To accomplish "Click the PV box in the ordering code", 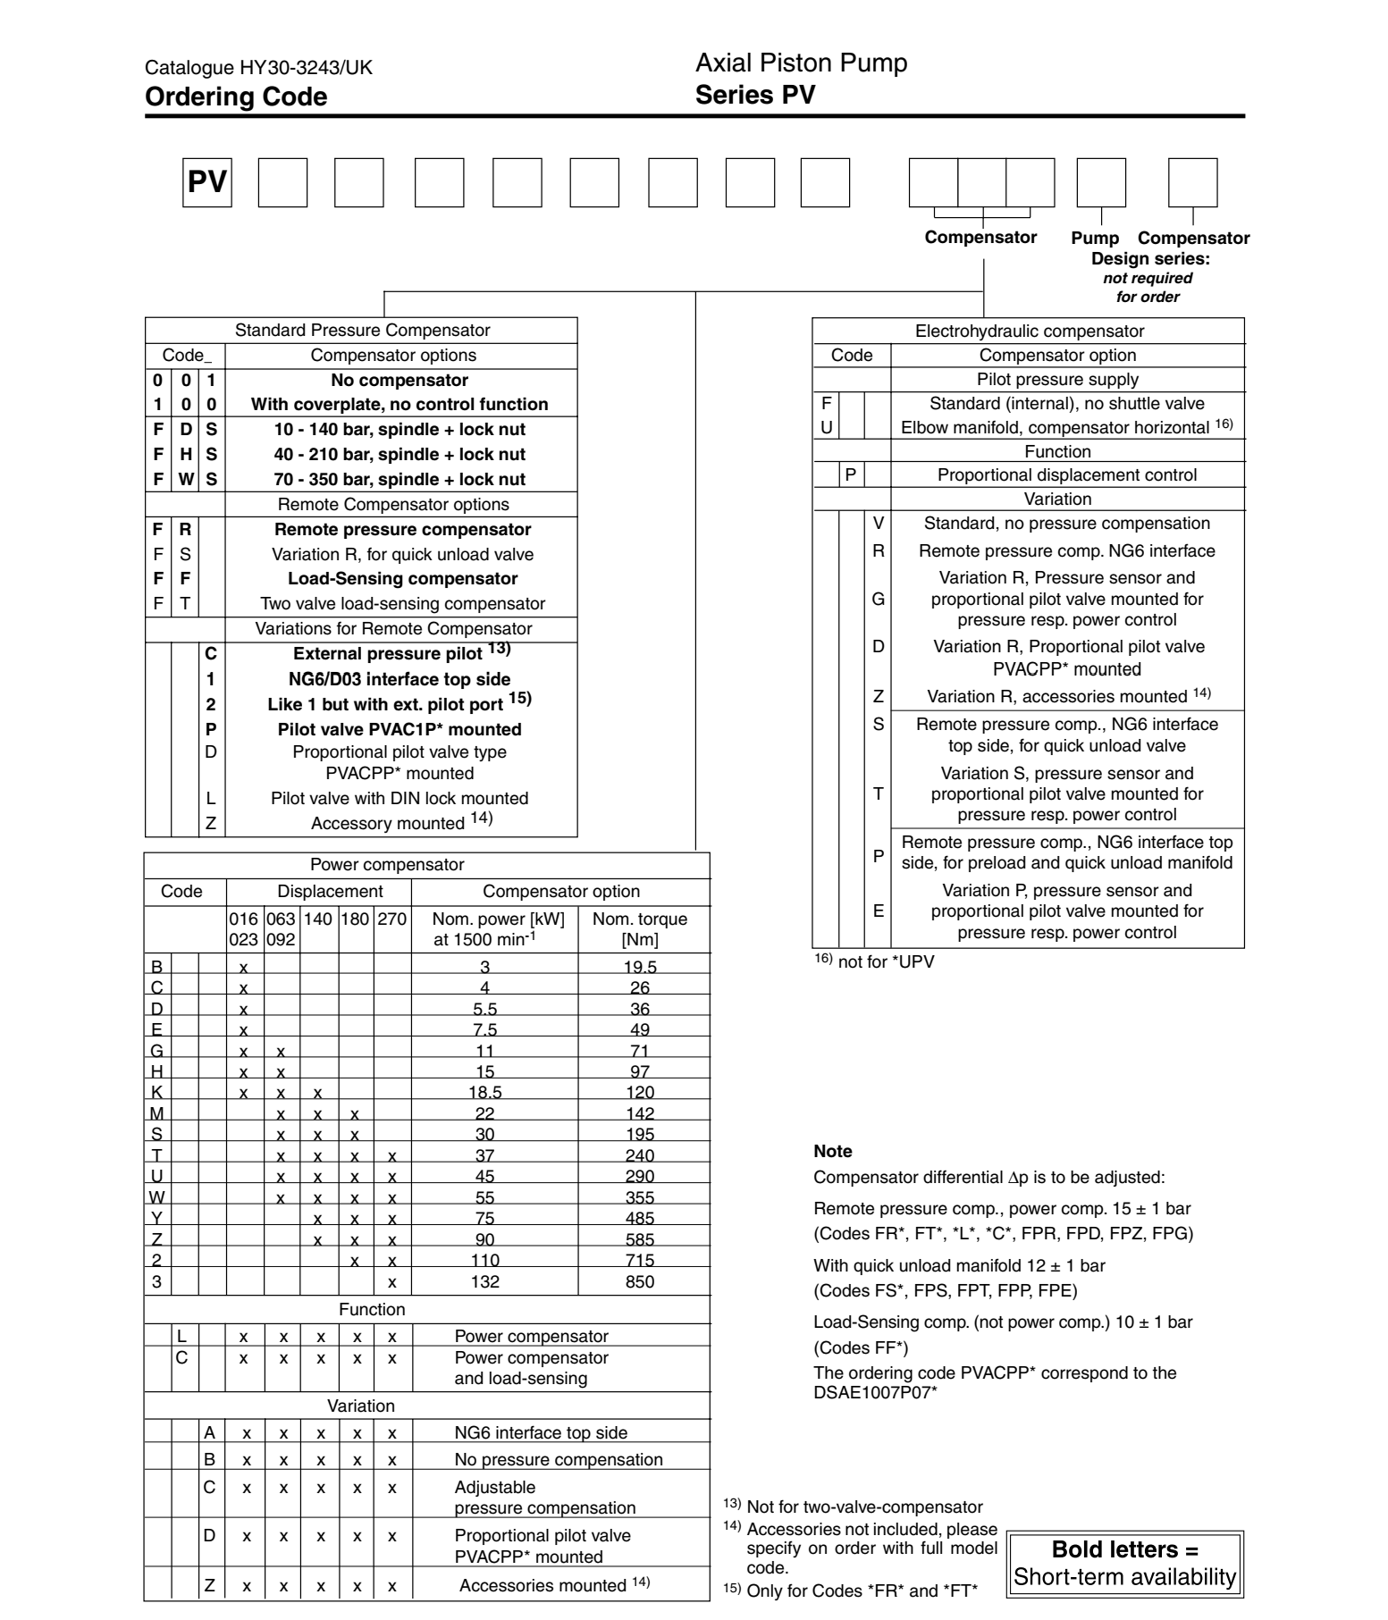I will [x=207, y=182].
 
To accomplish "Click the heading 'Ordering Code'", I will [x=236, y=97].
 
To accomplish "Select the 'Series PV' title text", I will [x=755, y=95].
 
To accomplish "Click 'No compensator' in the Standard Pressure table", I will [x=400, y=380].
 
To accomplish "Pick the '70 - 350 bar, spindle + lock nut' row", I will [x=400, y=479].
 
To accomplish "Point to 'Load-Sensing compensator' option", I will [x=402, y=578].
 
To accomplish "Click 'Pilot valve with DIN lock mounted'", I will [x=400, y=798].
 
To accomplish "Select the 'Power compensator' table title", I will [x=387, y=864].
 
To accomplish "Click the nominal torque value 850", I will [x=640, y=1281].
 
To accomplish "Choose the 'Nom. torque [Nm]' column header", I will [x=640, y=928].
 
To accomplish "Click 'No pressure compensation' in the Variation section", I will [x=559, y=1459].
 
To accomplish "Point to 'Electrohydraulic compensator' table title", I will [x=1030, y=331].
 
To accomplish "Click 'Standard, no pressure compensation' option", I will [x=1067, y=523].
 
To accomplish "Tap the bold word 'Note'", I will [x=833, y=1151].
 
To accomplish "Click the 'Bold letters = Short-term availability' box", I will [x=1125, y=1563].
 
